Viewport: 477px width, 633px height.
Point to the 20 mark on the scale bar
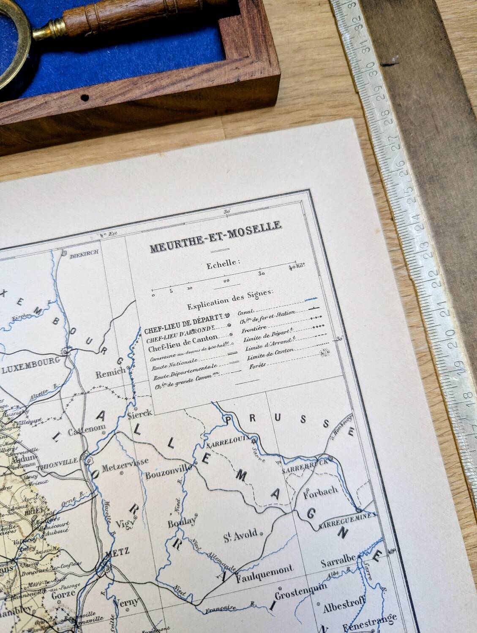click(x=226, y=281)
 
